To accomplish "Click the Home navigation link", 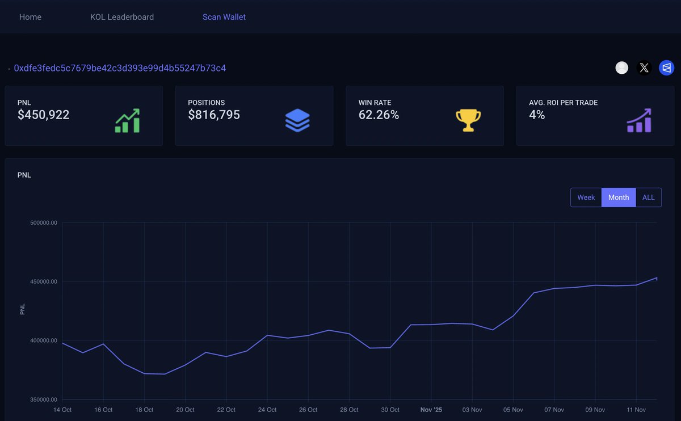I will [x=30, y=17].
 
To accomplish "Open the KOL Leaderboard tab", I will [x=122, y=17].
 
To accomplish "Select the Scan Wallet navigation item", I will [x=224, y=17].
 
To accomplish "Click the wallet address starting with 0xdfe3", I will [x=120, y=68].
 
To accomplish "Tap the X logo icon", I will [x=644, y=68].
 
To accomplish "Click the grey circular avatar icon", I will [x=622, y=68].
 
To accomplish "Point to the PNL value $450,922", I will [x=44, y=115].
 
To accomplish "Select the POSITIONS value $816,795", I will [x=214, y=115].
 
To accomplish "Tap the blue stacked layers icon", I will [x=297, y=120].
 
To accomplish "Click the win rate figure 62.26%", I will [x=379, y=115].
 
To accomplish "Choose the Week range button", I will [x=586, y=197].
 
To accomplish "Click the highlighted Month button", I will [x=619, y=197].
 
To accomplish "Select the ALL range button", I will [x=649, y=197].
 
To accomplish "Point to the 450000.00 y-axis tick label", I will [x=44, y=281].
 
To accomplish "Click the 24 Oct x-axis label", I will [x=267, y=410].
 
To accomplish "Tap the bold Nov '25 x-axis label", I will [x=431, y=410].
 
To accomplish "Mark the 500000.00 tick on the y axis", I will [x=44, y=223].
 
